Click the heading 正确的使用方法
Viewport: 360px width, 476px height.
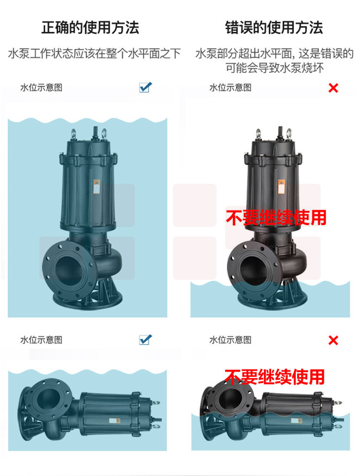(x=90, y=28)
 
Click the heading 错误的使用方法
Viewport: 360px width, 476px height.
(x=274, y=28)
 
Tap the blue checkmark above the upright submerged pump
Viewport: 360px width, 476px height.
(x=145, y=87)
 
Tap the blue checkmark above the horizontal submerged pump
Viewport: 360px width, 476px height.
(x=145, y=339)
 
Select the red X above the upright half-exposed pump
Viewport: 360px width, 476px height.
(x=333, y=88)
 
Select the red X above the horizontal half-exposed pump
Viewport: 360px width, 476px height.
(x=333, y=340)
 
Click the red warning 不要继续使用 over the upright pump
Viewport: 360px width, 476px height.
(x=276, y=217)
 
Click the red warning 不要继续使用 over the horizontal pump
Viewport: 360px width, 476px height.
(x=275, y=377)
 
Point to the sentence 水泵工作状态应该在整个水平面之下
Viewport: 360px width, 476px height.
(x=95, y=54)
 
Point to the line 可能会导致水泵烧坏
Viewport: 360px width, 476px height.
(x=275, y=68)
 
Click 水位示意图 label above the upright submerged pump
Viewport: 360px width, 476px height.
(x=41, y=88)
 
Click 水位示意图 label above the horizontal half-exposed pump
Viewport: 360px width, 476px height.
(x=230, y=340)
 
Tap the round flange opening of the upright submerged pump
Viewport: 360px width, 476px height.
(x=69, y=268)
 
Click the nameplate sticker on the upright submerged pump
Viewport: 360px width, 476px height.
(x=96, y=187)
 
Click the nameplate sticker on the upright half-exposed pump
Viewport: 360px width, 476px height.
(x=282, y=187)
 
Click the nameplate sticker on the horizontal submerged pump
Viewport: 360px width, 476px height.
(x=115, y=421)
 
